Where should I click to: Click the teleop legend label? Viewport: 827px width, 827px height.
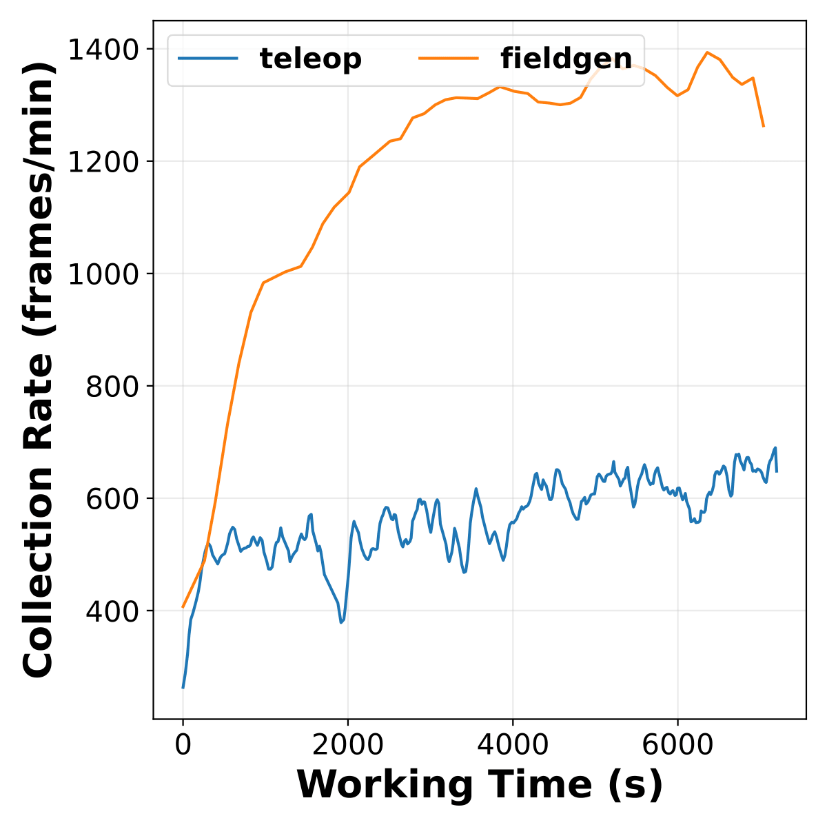point(310,59)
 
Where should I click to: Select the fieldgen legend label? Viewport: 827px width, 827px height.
point(566,59)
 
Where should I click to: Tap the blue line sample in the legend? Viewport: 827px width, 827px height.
point(208,59)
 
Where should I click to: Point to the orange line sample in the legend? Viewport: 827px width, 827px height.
point(449,59)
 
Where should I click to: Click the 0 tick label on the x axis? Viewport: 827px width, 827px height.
point(183,745)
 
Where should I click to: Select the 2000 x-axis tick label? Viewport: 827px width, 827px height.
point(347,745)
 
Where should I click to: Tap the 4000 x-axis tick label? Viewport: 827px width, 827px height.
point(513,745)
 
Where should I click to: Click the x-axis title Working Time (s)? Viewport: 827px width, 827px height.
point(480,784)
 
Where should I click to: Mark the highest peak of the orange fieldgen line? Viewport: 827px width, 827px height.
point(707,52)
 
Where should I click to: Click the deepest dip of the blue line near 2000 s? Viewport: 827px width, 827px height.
point(340,622)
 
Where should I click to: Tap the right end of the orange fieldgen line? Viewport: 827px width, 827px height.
point(764,126)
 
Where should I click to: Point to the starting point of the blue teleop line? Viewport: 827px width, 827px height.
point(183,687)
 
